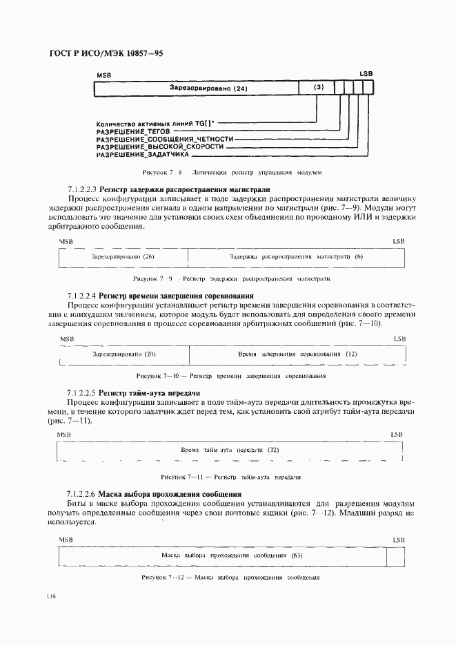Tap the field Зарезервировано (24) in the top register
tap(208, 88)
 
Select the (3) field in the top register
tap(318, 88)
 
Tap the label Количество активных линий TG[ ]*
tap(156, 122)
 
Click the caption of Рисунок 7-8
tap(232, 172)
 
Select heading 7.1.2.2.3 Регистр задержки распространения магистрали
tap(168, 189)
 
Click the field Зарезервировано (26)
tap(123, 256)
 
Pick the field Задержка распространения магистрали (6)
tap(296, 256)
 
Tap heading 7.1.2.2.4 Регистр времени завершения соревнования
tap(170, 296)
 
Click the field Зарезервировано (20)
tap(123, 354)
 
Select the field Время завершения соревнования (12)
tap(297, 354)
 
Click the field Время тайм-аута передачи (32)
tap(230, 449)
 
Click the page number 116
tap(52, 596)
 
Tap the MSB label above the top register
tap(103, 73)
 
